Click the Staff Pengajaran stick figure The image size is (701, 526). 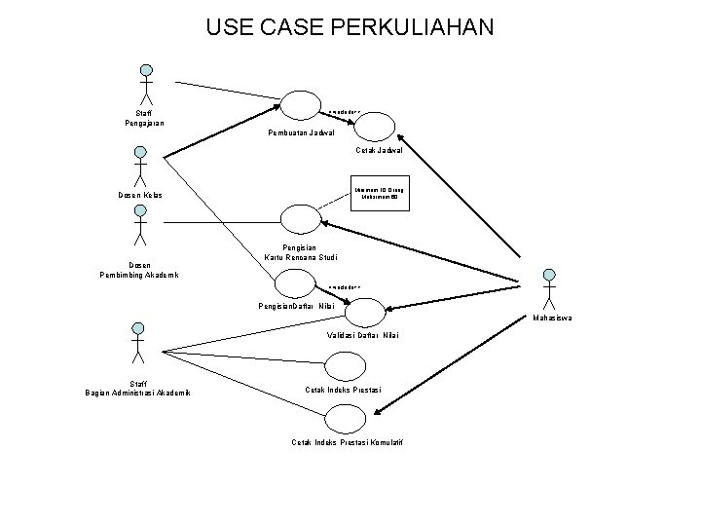tap(147, 85)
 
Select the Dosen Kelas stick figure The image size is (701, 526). tap(140, 167)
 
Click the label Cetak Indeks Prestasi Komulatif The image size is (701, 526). tap(347, 443)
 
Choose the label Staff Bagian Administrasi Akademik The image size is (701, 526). tap(138, 388)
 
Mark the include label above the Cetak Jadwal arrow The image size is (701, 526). tap(345, 110)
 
